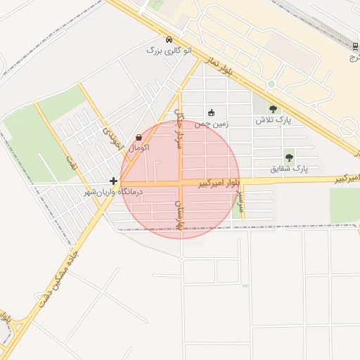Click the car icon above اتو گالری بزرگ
(x=169, y=39)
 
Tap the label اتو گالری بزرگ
(x=169, y=51)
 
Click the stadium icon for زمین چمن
(x=211, y=112)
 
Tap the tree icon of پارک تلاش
(x=273, y=109)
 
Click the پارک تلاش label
(x=274, y=120)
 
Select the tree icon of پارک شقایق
(x=289, y=157)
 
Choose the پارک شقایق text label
(x=289, y=169)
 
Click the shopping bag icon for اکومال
(x=139, y=137)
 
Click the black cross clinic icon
(x=113, y=181)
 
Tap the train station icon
(x=355, y=46)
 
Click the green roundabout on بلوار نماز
(x=271, y=84)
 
